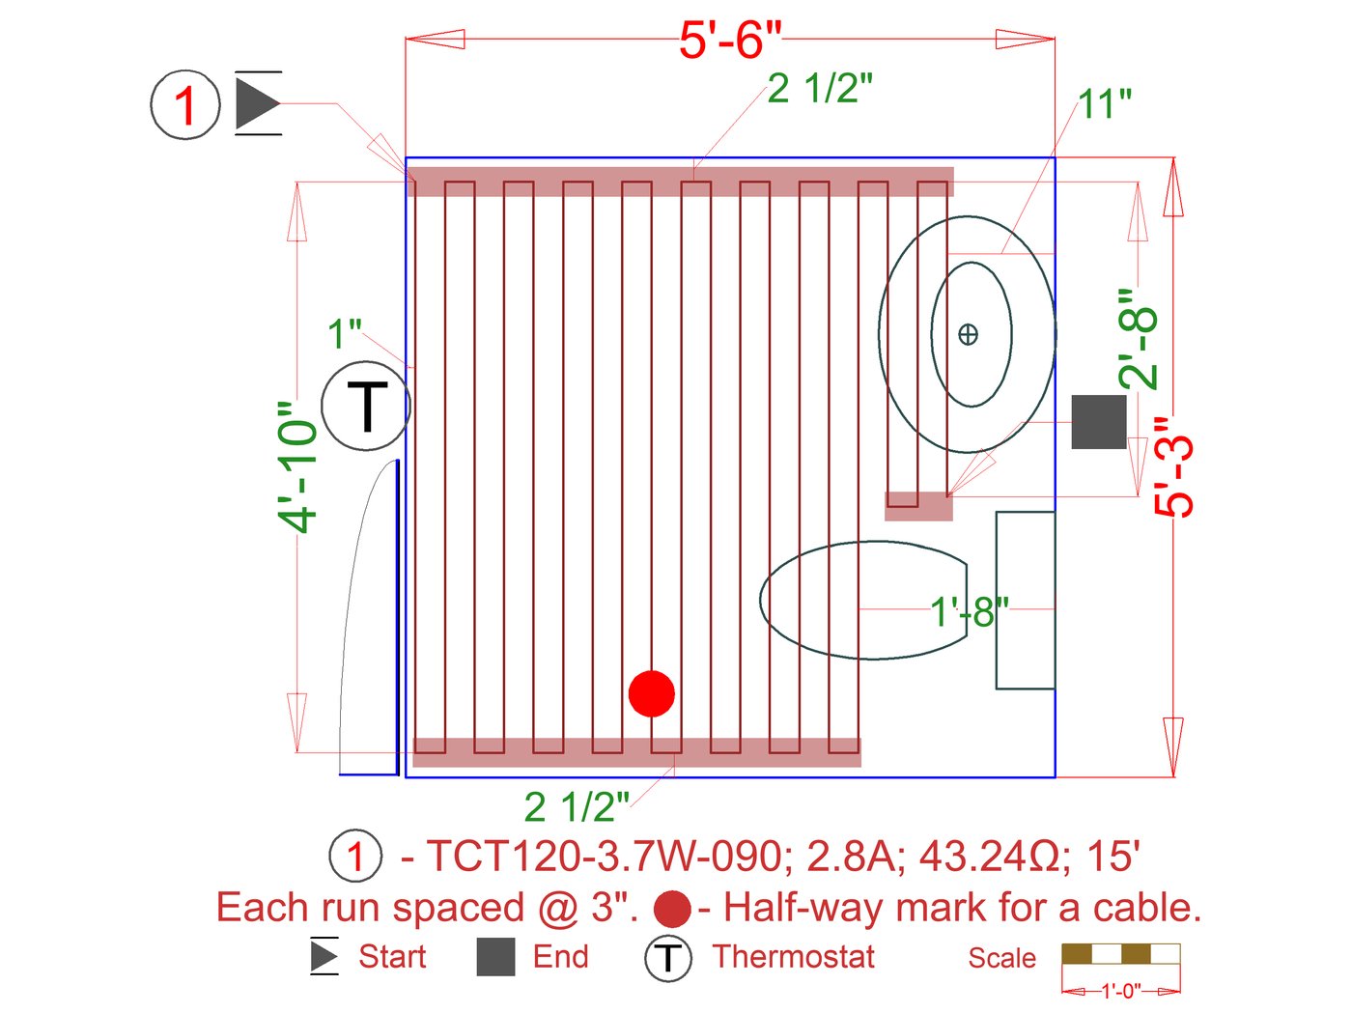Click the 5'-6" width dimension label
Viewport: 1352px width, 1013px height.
click(x=730, y=41)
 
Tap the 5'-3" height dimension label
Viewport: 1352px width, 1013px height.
click(x=1172, y=467)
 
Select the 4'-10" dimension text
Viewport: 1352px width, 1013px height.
click(x=297, y=467)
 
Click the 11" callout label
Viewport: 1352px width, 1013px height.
click(x=1106, y=104)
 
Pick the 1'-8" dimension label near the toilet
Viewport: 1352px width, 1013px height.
click(x=969, y=611)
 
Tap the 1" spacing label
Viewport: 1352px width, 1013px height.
click(x=344, y=334)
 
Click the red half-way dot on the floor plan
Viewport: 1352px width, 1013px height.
click(x=651, y=693)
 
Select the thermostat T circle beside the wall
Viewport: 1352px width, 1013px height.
click(x=366, y=406)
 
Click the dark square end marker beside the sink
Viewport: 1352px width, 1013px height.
click(x=1099, y=422)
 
